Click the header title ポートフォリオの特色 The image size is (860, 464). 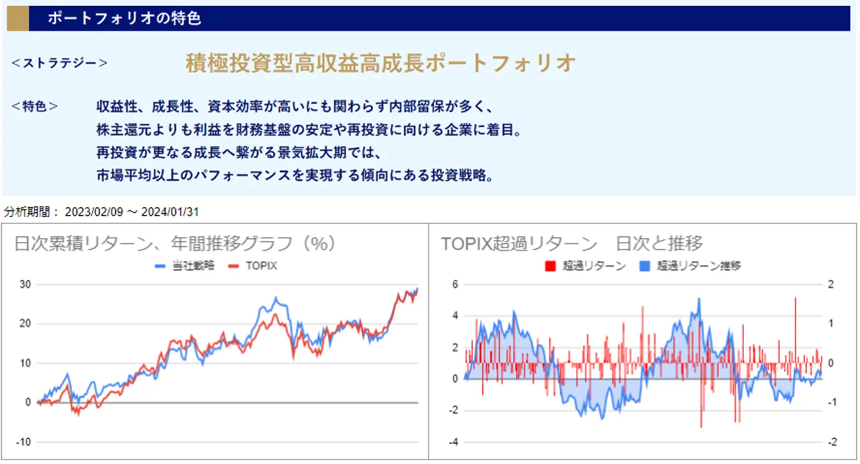tap(124, 19)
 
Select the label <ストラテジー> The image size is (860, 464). tap(60, 63)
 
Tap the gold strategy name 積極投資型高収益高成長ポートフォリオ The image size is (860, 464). tap(381, 63)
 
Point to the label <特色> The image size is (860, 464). tap(35, 106)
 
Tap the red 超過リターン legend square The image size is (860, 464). tap(549, 266)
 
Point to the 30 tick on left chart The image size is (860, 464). tap(25, 284)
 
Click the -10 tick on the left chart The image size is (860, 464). tap(23, 442)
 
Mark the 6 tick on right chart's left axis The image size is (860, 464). tap(454, 284)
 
